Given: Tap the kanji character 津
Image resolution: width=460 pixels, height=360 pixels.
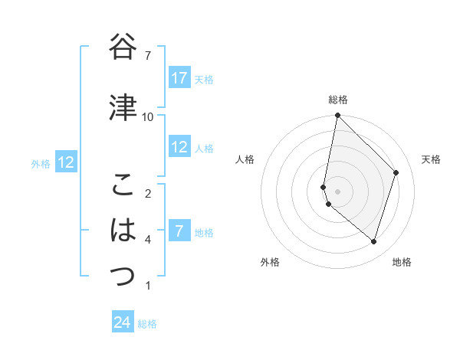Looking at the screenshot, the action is [x=123, y=107].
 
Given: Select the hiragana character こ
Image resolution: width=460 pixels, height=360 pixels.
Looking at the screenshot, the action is [x=123, y=185].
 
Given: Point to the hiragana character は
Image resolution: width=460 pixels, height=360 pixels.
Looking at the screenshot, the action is [x=123, y=230].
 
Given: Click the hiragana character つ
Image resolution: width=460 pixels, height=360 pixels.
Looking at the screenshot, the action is [x=123, y=275].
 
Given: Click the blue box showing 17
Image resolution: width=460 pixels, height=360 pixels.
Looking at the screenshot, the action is [x=179, y=78].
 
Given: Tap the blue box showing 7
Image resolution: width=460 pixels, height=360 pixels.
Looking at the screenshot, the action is [x=179, y=231].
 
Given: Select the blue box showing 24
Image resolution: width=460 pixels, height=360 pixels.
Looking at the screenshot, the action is [x=122, y=322].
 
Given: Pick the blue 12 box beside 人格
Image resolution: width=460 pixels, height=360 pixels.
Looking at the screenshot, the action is [x=179, y=147].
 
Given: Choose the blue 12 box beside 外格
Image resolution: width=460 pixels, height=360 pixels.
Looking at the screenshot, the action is [x=66, y=162].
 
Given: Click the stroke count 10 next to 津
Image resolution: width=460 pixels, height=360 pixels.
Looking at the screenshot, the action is [x=148, y=117].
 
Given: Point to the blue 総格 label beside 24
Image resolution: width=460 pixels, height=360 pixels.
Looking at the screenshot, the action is [x=147, y=324].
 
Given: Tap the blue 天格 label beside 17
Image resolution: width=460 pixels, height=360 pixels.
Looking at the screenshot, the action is [x=204, y=80].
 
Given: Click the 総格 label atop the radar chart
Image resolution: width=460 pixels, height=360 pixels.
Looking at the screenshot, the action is [x=338, y=100].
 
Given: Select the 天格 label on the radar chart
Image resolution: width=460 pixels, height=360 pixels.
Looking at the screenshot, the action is [x=431, y=159].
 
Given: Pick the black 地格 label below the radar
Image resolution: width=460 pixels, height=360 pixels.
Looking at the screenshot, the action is [x=402, y=263].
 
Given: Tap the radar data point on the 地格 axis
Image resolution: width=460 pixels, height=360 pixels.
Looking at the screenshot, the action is [x=373, y=242].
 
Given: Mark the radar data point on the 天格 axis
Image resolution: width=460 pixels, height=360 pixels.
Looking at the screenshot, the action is [x=396, y=172].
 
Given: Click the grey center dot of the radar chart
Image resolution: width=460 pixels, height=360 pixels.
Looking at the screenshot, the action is [x=338, y=191].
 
